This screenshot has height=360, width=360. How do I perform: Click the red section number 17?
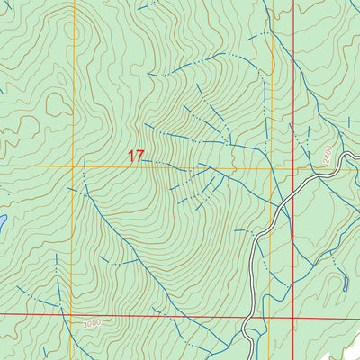coord(136,157)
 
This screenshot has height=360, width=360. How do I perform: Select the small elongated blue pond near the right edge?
coord(346,283)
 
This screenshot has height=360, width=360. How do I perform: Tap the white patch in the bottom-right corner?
coord(346,346)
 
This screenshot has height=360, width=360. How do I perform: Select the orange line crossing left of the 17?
coord(74,167)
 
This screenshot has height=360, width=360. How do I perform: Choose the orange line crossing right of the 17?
coord(271,167)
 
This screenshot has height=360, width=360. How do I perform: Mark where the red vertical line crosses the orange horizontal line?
coord(293,167)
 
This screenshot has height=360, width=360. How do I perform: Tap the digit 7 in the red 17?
coord(140,157)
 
